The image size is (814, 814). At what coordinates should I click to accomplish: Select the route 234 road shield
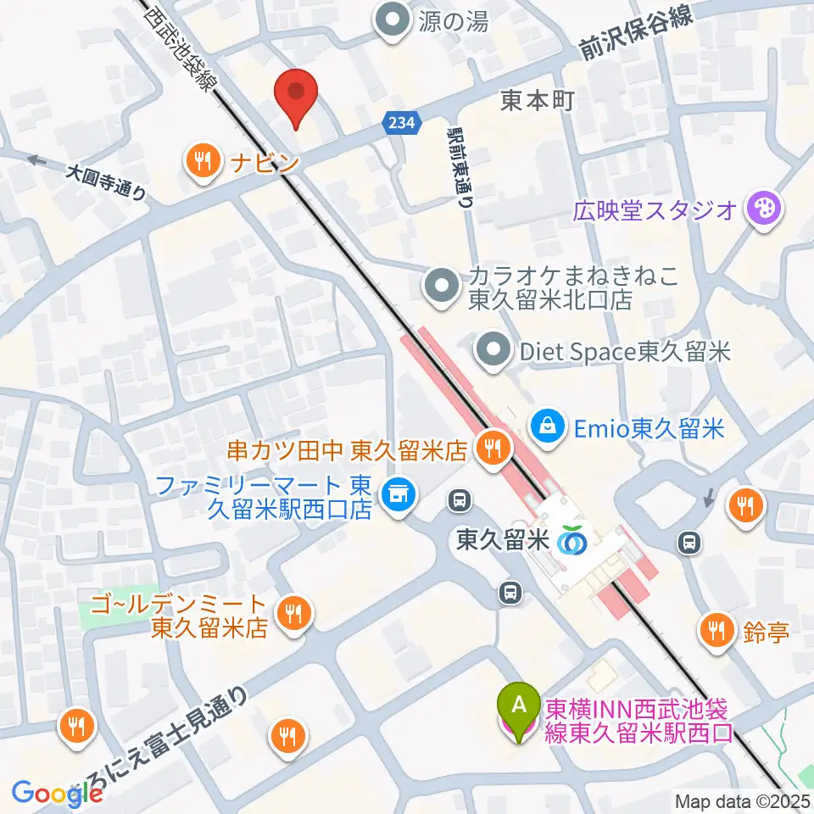coord(402,123)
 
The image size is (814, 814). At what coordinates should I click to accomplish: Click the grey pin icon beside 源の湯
coord(392,20)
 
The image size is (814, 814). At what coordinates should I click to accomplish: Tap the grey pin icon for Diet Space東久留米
coord(492,349)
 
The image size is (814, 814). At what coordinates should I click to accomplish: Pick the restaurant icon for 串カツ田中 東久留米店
coord(493,447)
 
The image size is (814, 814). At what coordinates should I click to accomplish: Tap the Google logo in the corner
coord(57,792)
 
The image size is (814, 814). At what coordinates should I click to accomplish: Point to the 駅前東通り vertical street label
coord(462,166)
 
